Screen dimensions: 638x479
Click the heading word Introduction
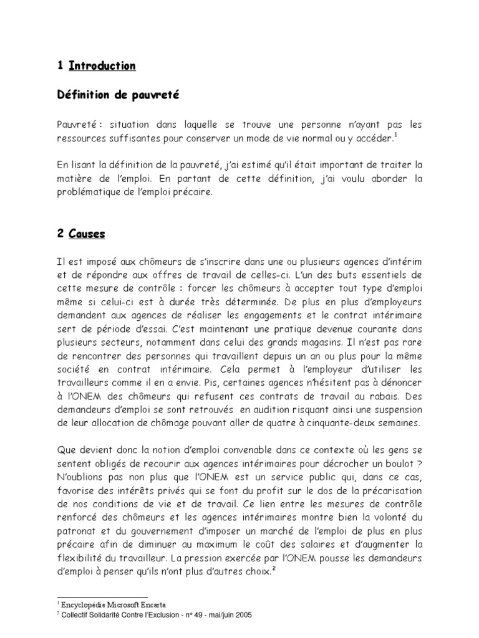[102, 65]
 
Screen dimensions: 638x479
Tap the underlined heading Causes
[87, 235]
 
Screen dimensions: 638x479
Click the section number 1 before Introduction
[59, 65]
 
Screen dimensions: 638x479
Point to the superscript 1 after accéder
[395, 135]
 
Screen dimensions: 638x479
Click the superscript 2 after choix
[274, 569]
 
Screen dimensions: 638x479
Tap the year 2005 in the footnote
[241, 614]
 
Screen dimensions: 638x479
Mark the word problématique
[90, 193]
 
